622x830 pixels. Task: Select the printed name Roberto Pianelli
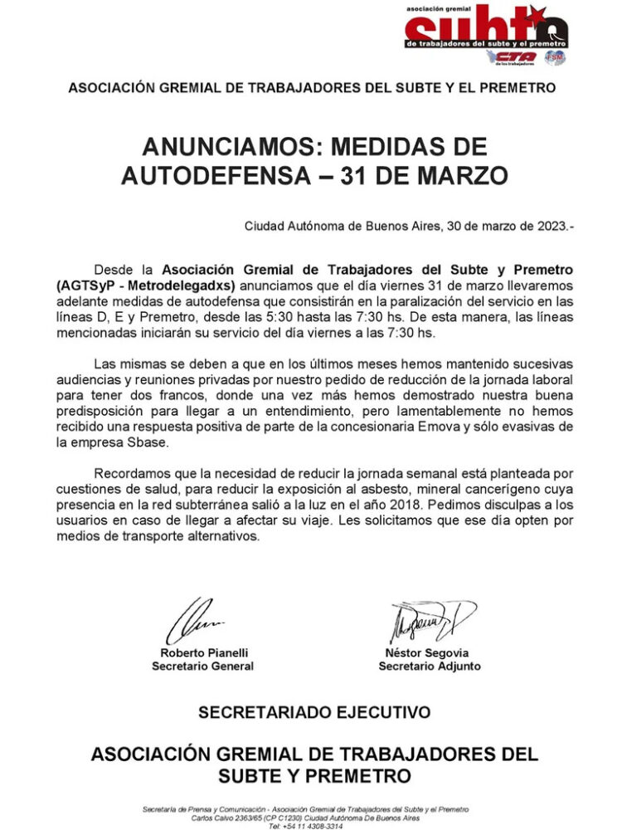202,653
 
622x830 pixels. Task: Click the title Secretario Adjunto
429,666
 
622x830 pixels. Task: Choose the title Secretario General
202,666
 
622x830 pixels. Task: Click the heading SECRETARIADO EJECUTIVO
313,712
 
